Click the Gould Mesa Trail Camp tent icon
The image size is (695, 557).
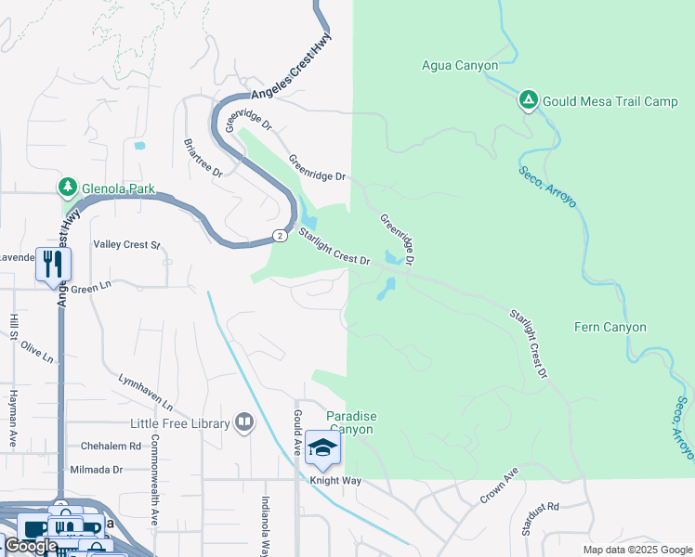(x=528, y=100)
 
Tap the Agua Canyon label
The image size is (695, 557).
(x=460, y=66)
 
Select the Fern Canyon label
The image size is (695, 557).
(x=610, y=328)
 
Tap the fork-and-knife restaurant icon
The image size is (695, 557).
(x=53, y=265)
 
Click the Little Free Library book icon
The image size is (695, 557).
(x=244, y=423)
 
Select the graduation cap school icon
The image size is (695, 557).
(x=322, y=449)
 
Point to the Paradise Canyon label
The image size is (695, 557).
(x=349, y=422)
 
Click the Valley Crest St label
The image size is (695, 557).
(x=127, y=245)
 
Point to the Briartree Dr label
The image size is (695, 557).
(x=203, y=160)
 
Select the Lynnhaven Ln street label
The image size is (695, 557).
(x=146, y=394)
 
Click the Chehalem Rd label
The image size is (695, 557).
(x=110, y=446)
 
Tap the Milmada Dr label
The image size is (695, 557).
(x=97, y=470)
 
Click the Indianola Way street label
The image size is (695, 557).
(x=266, y=525)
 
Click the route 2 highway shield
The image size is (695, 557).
(x=279, y=235)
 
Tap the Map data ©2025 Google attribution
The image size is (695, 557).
(x=636, y=550)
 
